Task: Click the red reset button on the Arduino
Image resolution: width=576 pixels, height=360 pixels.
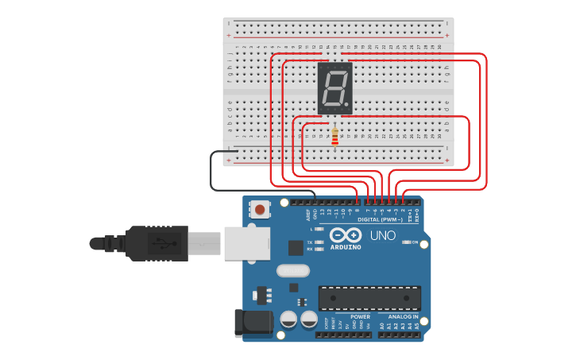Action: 259,210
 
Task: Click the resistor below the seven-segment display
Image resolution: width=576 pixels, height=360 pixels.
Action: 334,137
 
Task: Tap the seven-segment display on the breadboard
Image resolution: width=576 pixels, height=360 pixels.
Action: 334,88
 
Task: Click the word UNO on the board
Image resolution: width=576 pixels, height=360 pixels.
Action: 382,235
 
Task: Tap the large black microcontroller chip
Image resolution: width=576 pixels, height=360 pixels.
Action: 369,298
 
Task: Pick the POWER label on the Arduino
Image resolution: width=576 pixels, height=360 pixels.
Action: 360,316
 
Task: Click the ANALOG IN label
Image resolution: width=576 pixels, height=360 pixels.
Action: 403,316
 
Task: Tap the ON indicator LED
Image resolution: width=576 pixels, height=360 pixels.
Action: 406,242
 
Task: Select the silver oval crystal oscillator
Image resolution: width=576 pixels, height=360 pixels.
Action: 292,270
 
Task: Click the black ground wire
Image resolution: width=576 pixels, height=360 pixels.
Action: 211,171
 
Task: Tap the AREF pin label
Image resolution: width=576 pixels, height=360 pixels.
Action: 307,215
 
